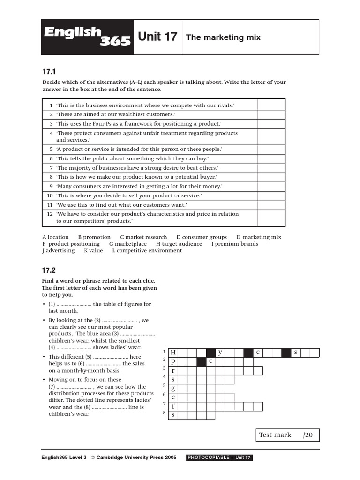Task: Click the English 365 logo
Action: [88, 37]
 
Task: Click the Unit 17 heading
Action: [157, 37]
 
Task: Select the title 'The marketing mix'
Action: [223, 37]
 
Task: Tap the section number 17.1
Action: [49, 72]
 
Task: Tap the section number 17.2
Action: [49, 270]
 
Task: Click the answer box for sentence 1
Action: [271, 105]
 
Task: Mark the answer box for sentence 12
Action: [271, 217]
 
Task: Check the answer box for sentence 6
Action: [271, 159]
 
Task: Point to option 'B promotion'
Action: [94, 237]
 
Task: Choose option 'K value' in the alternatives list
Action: [93, 250]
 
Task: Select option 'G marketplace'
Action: [127, 244]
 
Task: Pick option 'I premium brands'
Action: [234, 244]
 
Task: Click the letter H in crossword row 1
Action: [173, 352]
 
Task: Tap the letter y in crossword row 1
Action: [220, 352]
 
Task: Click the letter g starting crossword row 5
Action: [173, 388]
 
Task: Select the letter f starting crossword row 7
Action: [173, 406]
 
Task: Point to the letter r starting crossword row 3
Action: [173, 370]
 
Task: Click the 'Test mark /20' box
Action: [288, 435]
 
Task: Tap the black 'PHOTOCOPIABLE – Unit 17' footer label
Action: [219, 457]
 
